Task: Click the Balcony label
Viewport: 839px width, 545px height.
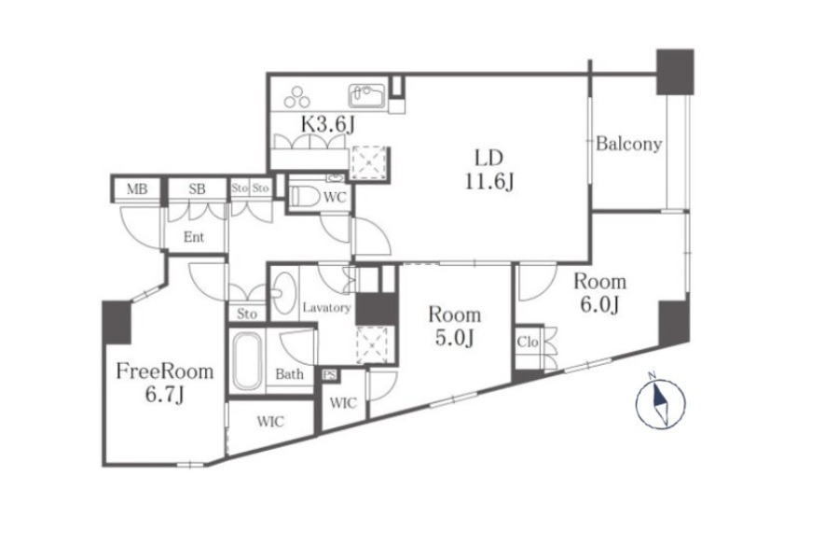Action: pyautogui.click(x=628, y=144)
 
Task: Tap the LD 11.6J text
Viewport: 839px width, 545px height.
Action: pyautogui.click(x=489, y=169)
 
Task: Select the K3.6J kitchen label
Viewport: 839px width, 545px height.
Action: pyautogui.click(x=327, y=124)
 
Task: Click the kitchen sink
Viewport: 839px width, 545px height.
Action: pyautogui.click(x=367, y=96)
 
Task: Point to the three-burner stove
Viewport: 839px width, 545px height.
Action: pyautogui.click(x=297, y=97)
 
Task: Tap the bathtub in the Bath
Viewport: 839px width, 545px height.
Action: pyautogui.click(x=247, y=361)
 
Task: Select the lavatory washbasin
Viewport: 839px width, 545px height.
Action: pyautogui.click(x=284, y=293)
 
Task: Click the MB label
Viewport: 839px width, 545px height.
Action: pyautogui.click(x=137, y=189)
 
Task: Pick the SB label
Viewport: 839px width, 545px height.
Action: pyautogui.click(x=197, y=189)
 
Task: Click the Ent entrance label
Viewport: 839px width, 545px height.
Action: pyautogui.click(x=194, y=236)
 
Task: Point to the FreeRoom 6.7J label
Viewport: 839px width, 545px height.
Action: pyautogui.click(x=165, y=382)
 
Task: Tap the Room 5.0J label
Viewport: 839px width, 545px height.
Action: pyautogui.click(x=454, y=326)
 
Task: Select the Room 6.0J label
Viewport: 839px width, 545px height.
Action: pyautogui.click(x=599, y=293)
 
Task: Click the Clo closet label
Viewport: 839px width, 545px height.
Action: pyautogui.click(x=527, y=342)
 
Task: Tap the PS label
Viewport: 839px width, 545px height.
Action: pyautogui.click(x=330, y=375)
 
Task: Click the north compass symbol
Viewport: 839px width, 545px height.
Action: pyautogui.click(x=660, y=403)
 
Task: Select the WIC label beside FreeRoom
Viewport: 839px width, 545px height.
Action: pyautogui.click(x=270, y=421)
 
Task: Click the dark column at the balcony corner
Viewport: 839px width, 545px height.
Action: pyautogui.click(x=675, y=72)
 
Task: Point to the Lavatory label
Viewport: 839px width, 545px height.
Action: pyautogui.click(x=326, y=308)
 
